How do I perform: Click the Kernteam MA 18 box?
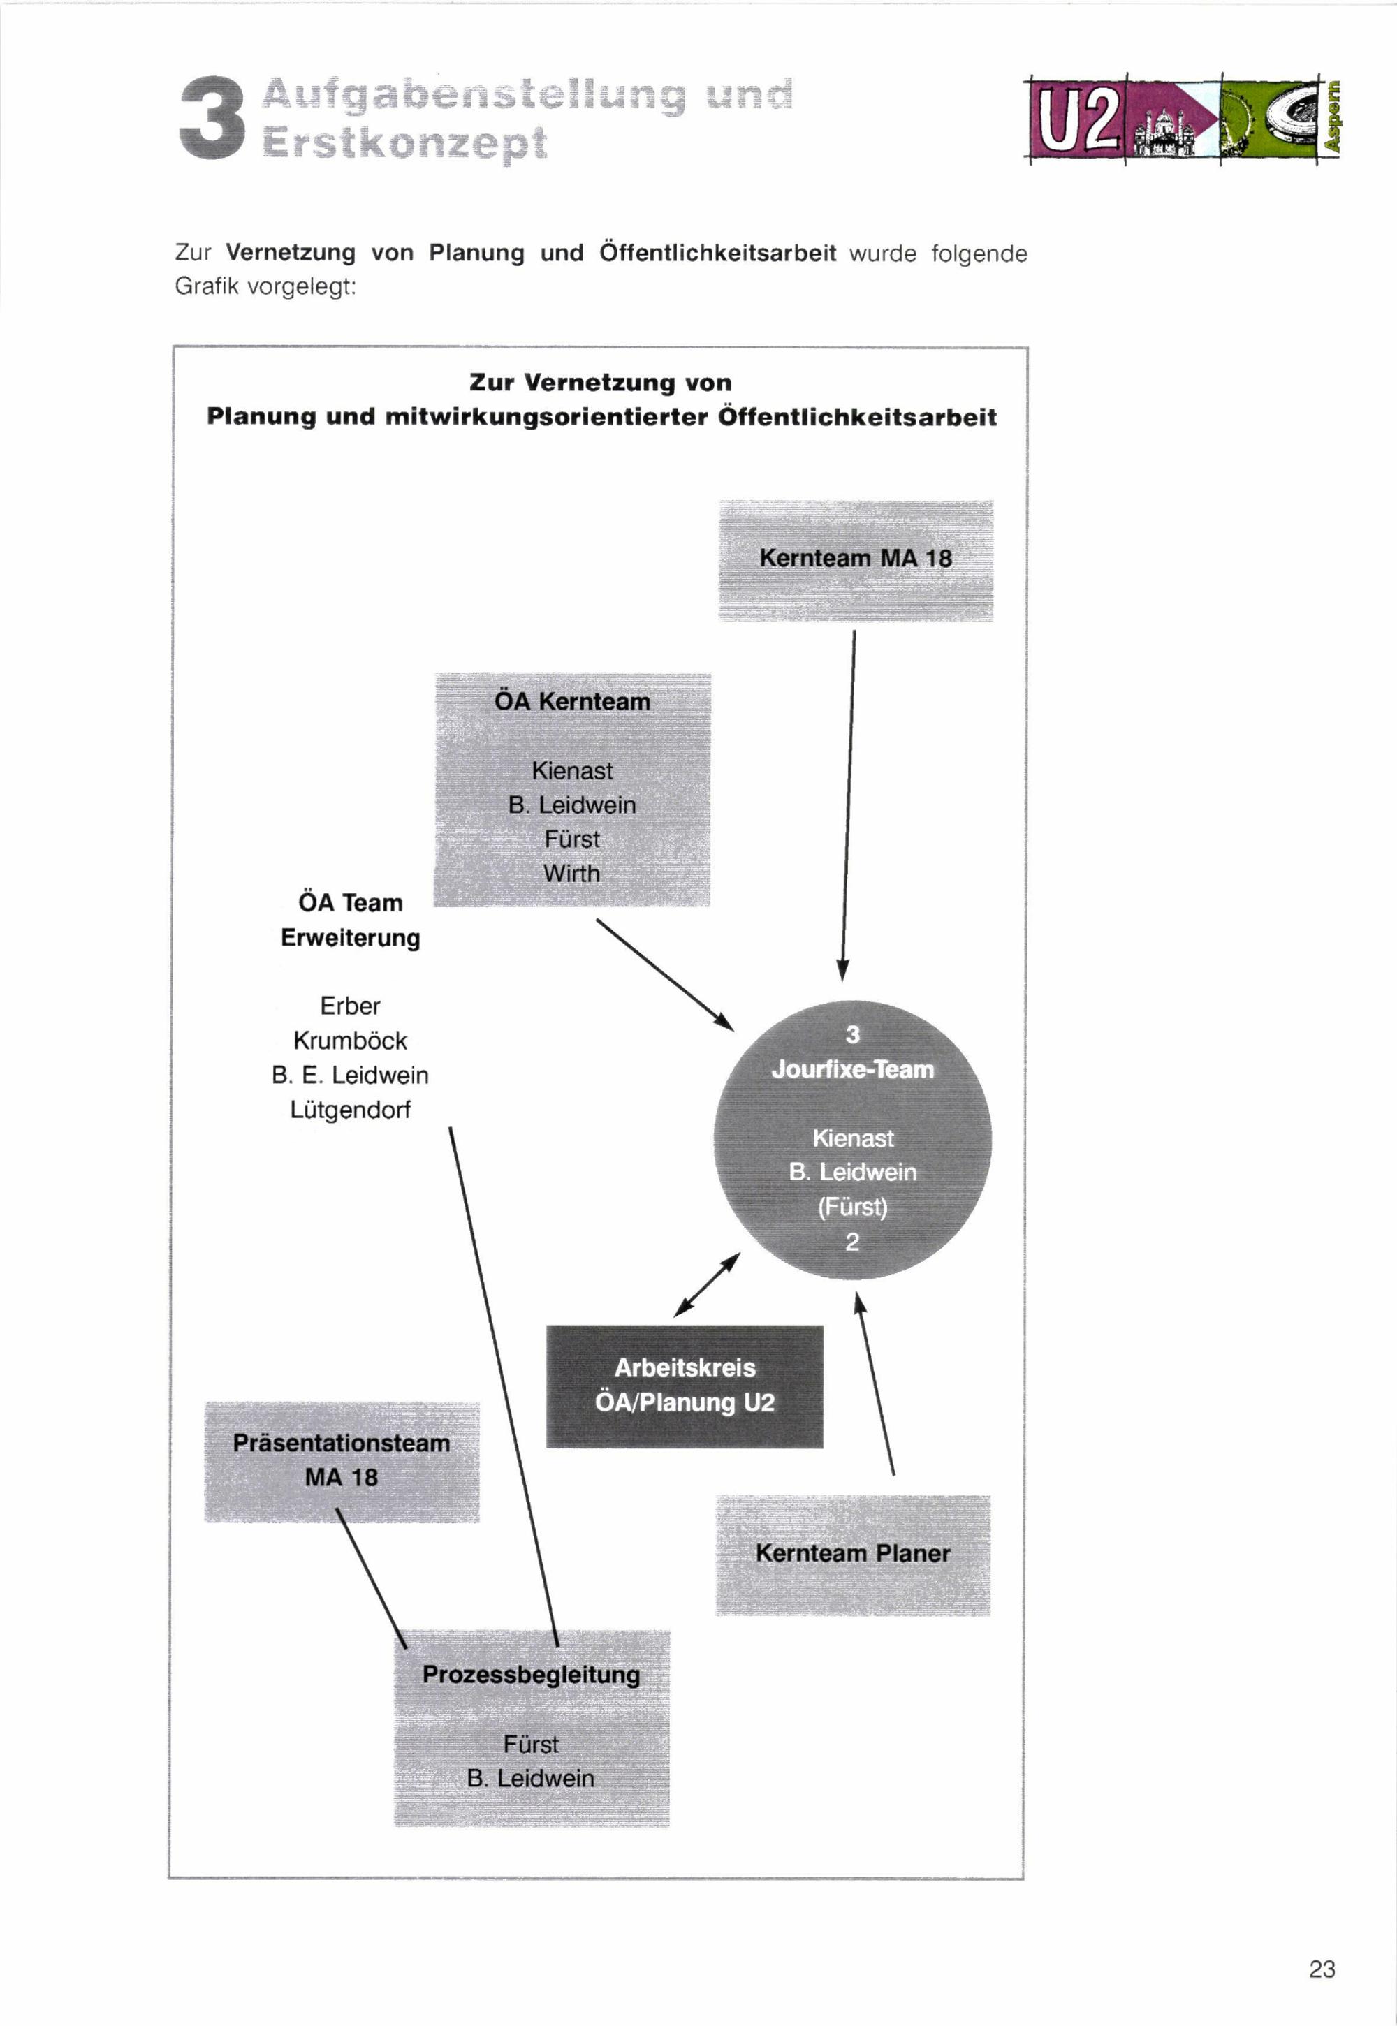click(x=855, y=560)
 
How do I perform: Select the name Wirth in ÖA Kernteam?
click(x=571, y=874)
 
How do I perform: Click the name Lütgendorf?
click(x=350, y=1110)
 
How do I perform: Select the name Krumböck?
click(x=350, y=1041)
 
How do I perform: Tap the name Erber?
click(x=350, y=1006)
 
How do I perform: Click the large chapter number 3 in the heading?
click(x=211, y=119)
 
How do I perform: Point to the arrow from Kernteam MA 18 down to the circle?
click(x=848, y=805)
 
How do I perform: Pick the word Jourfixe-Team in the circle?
click(x=853, y=1069)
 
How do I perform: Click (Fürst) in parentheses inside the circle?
click(x=853, y=1207)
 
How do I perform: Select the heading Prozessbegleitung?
click(x=532, y=1674)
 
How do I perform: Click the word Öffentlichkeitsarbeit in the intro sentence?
click(x=718, y=253)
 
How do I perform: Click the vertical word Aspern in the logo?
click(x=1332, y=117)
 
